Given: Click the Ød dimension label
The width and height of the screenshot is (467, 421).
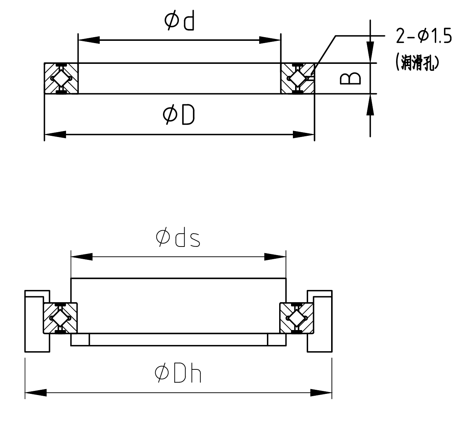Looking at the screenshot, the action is (x=179, y=21).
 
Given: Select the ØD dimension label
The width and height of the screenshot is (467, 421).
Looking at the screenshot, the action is (x=179, y=115).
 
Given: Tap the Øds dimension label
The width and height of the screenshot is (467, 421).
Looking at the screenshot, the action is (x=178, y=238).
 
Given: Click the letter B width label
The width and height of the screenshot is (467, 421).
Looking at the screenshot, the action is (x=350, y=78).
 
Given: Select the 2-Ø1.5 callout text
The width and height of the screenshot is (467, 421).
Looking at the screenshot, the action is (x=424, y=36).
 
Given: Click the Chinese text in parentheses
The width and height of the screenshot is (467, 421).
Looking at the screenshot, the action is (x=417, y=62).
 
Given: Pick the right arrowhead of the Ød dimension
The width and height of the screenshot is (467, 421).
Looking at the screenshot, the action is (x=270, y=40).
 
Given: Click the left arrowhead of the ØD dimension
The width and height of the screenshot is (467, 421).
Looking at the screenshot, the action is (x=55, y=134).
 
